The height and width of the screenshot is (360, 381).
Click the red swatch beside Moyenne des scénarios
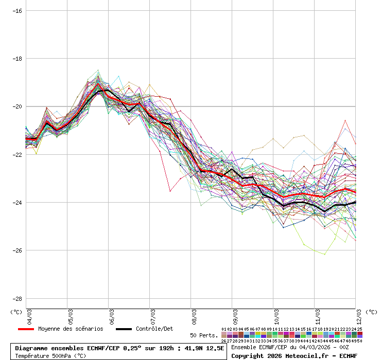26,329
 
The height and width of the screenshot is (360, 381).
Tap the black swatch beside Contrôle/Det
124,329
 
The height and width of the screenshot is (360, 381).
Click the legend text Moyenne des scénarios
71,329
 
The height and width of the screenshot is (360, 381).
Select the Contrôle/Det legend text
154,329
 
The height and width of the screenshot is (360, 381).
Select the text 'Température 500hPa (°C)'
50,355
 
